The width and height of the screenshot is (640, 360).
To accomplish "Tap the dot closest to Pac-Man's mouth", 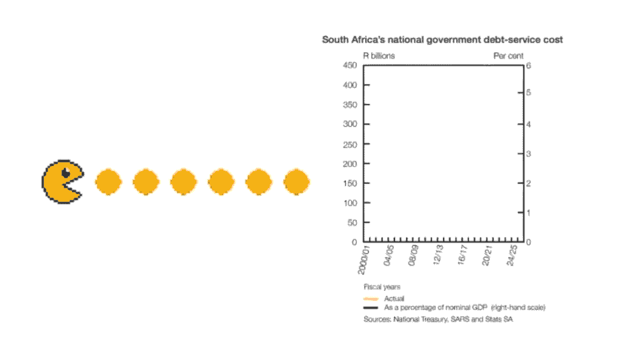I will (108, 182).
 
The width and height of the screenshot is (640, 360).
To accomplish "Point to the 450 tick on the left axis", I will (349, 65).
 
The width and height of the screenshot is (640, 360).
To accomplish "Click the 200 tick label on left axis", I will (349, 164).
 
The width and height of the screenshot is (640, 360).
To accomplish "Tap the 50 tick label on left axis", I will (352, 222).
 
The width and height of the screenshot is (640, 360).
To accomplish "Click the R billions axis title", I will (379, 56).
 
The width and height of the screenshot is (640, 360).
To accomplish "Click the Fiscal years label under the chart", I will (382, 287).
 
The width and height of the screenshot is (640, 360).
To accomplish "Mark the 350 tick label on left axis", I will (349, 104).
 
